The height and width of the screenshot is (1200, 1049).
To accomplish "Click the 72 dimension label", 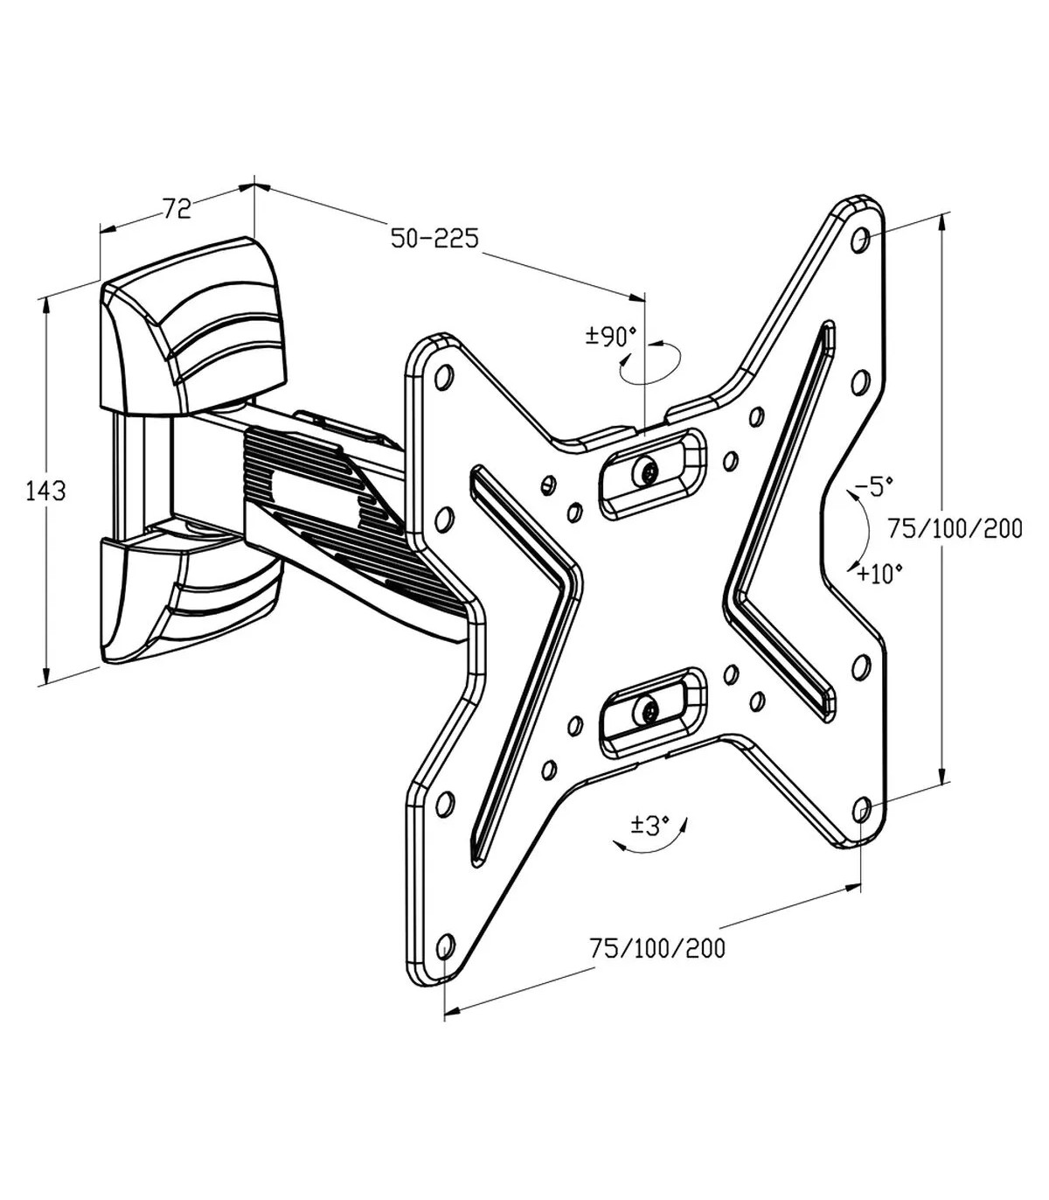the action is [x=177, y=208].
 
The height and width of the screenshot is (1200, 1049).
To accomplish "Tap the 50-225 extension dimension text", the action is [x=434, y=238].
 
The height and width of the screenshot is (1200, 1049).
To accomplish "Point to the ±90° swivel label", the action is [x=611, y=338].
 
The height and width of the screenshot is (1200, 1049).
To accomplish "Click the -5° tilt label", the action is [x=874, y=487].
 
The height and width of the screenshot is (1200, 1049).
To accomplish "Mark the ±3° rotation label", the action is [x=650, y=826].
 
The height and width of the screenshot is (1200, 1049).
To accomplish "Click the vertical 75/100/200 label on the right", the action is [x=955, y=528].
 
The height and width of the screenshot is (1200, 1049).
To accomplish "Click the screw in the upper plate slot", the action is [x=648, y=472].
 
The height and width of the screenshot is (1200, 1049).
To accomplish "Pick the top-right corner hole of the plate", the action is [x=861, y=240].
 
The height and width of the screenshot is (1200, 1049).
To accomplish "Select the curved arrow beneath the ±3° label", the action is [x=650, y=848].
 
